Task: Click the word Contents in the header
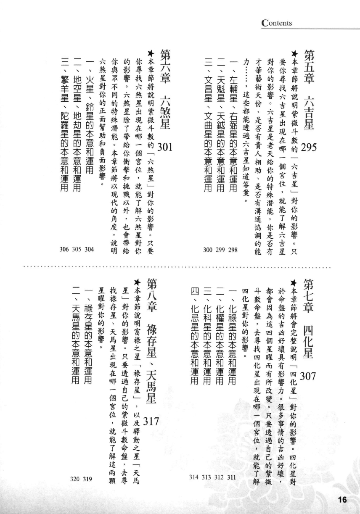(x=277, y=23)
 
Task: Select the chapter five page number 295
(x=309, y=148)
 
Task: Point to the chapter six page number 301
(x=164, y=147)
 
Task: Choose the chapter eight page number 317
(x=151, y=422)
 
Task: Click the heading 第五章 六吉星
(x=309, y=90)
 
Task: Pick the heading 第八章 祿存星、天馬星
(x=151, y=341)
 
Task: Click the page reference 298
(x=233, y=250)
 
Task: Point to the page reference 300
(x=208, y=250)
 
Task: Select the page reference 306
(x=64, y=249)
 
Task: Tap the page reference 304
(x=89, y=249)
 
